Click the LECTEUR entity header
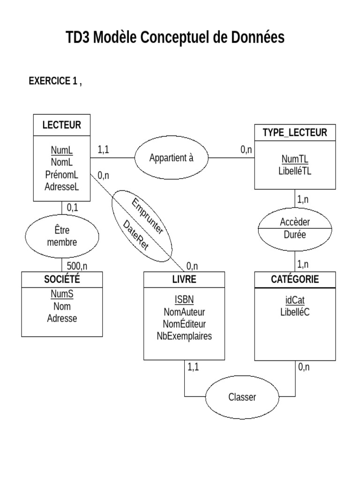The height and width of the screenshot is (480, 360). pyautogui.click(x=61, y=125)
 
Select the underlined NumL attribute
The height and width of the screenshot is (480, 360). pyautogui.click(x=61, y=150)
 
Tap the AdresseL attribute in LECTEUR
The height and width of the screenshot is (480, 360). pyautogui.click(x=61, y=187)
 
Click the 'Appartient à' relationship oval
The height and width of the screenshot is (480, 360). pyautogui.click(x=171, y=158)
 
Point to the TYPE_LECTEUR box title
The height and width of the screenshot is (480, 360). pyautogui.click(x=295, y=133)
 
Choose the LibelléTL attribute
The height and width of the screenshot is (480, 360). pyautogui.click(x=295, y=171)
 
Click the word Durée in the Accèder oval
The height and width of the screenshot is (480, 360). pyautogui.click(x=294, y=235)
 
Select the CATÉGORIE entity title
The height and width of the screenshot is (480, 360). pyautogui.click(x=295, y=280)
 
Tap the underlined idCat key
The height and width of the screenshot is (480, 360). pyautogui.click(x=295, y=300)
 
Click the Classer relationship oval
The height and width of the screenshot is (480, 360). pyautogui.click(x=242, y=397)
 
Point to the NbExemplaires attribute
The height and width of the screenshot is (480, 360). pyautogui.click(x=184, y=336)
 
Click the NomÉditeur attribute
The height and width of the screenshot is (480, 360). pyautogui.click(x=184, y=324)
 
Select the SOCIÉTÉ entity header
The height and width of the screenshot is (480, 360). pyautogui.click(x=62, y=280)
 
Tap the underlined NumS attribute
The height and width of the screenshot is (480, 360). pyautogui.click(x=62, y=295)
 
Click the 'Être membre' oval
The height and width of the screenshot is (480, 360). pyautogui.click(x=62, y=236)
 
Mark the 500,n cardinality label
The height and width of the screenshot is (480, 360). pyautogui.click(x=77, y=266)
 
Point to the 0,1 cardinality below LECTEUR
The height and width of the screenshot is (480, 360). pyautogui.click(x=73, y=207)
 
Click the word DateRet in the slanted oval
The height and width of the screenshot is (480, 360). pyautogui.click(x=135, y=235)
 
